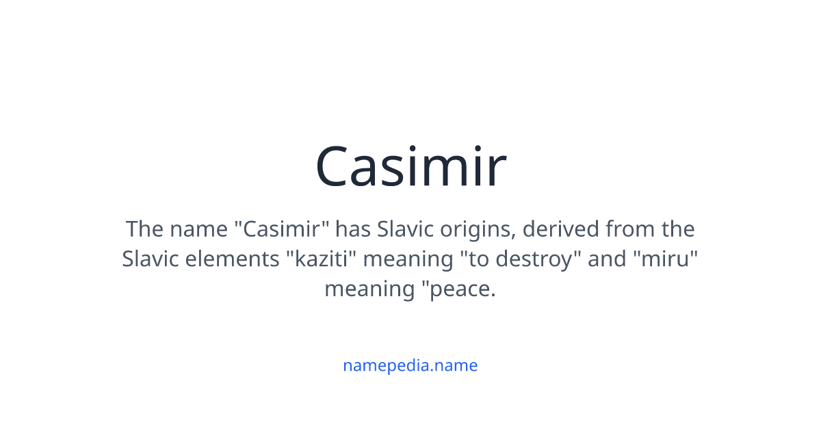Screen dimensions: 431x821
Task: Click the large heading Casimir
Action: pyautogui.click(x=410, y=167)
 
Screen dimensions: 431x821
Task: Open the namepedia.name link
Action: pyautogui.click(x=410, y=365)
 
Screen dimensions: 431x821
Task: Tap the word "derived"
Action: pyautogui.click(x=561, y=228)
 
